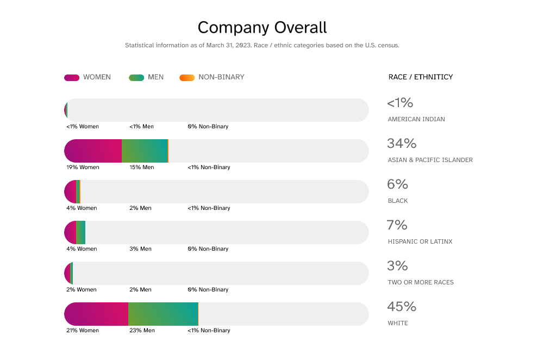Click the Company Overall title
262,27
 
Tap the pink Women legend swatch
72,77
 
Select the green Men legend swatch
136,77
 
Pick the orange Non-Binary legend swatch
187,77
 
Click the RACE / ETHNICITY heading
420,77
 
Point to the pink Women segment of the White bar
97,314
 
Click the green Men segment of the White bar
163,314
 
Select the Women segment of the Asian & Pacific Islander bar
93,151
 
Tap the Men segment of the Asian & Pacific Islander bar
145,151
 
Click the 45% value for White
401,307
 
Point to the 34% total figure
401,144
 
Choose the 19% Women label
83,167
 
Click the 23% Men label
142,331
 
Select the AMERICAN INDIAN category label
416,119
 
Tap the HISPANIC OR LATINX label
420,241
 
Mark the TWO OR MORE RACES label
420,282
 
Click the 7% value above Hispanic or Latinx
397,225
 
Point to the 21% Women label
83,331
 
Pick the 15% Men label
141,167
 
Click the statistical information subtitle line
262,45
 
